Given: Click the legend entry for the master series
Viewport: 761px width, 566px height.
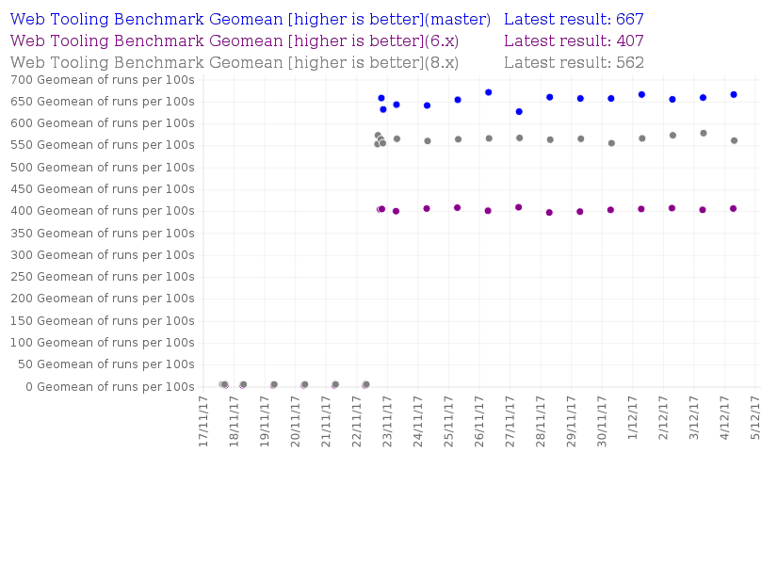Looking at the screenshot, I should pos(250,19).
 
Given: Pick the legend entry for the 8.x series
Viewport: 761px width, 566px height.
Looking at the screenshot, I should pos(235,62).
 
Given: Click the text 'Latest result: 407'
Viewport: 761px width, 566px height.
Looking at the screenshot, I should pos(574,40).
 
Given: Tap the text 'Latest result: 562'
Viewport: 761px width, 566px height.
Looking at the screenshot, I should pos(574,62).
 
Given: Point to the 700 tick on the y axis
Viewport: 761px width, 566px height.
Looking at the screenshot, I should pos(103,79).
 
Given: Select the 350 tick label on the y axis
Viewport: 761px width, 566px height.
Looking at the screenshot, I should pos(103,233).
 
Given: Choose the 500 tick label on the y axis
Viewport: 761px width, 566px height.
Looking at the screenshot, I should pos(103,167).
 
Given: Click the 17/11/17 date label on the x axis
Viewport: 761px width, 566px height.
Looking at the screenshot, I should pos(203,420).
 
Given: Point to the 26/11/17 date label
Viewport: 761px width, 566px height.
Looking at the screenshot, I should pos(479,420).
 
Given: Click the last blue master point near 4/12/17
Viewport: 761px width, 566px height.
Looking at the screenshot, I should pos(734,94).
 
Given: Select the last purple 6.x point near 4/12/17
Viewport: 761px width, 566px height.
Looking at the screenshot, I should pos(734,208).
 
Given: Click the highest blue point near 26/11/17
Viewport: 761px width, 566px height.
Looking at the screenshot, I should pos(489,92).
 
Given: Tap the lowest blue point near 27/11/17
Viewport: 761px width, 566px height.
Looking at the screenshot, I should pos(519,111).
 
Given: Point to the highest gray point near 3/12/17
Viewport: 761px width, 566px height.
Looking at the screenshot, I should pos(704,133).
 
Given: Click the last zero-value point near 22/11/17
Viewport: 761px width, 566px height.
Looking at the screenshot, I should pos(365,384).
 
